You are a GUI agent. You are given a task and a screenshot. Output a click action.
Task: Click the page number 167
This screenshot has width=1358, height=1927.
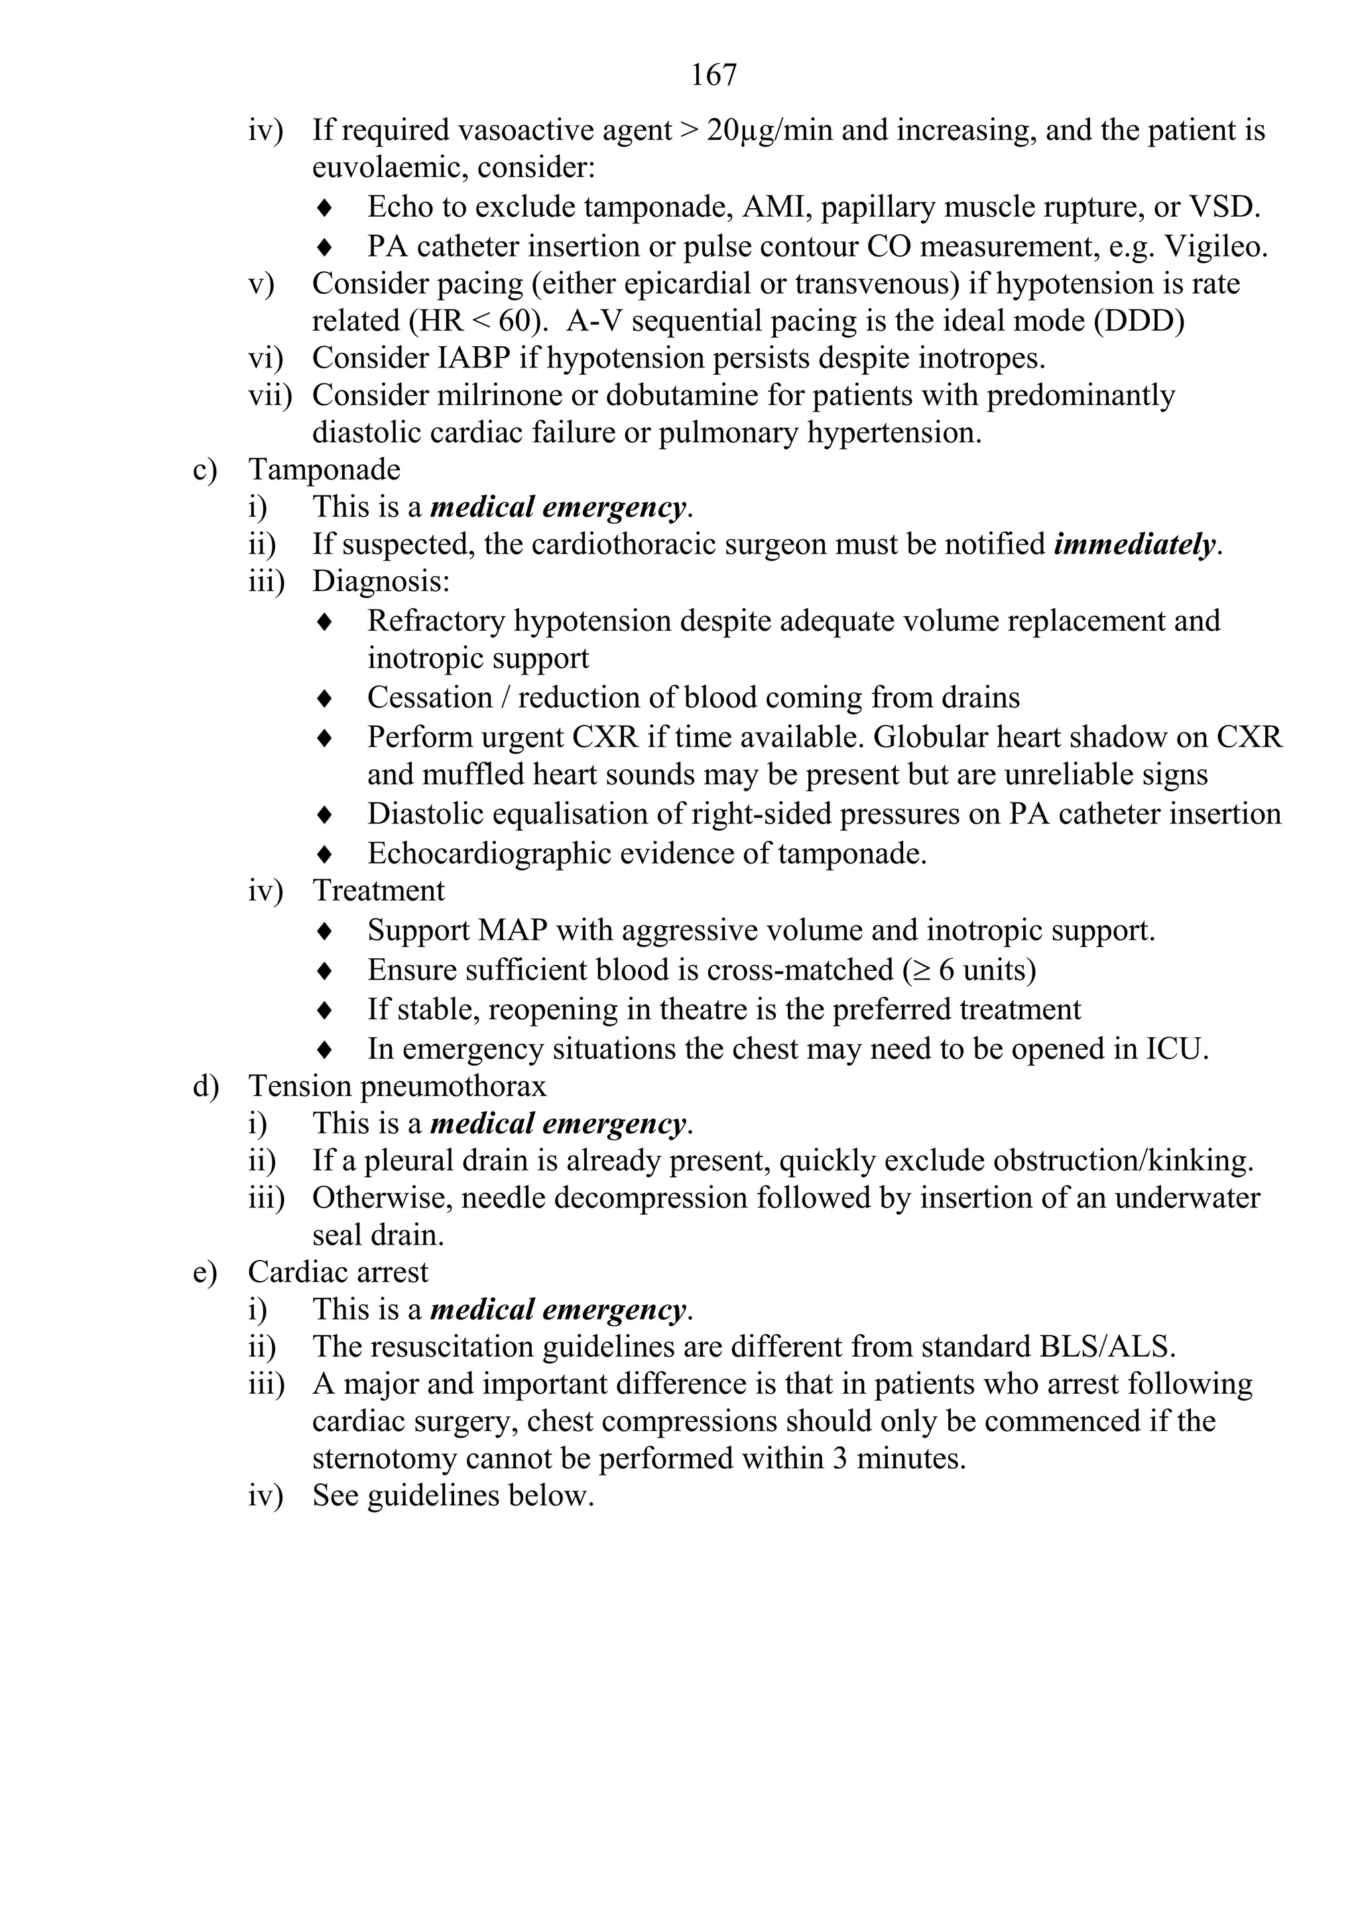[x=713, y=76]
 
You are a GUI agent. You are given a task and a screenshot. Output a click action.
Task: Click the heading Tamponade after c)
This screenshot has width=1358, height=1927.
[x=324, y=469]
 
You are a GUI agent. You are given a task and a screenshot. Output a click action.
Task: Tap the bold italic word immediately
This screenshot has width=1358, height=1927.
[x=1134, y=544]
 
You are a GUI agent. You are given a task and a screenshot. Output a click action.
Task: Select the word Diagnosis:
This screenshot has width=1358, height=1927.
[x=381, y=581]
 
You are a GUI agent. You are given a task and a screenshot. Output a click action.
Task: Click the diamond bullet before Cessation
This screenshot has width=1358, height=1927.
[x=325, y=698]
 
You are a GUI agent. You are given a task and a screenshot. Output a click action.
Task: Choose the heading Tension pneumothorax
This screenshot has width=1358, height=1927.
[x=397, y=1086]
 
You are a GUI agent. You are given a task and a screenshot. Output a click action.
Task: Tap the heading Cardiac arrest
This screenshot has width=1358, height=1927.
[x=338, y=1272]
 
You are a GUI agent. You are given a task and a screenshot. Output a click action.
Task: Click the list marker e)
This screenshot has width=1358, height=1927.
[x=205, y=1272]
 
